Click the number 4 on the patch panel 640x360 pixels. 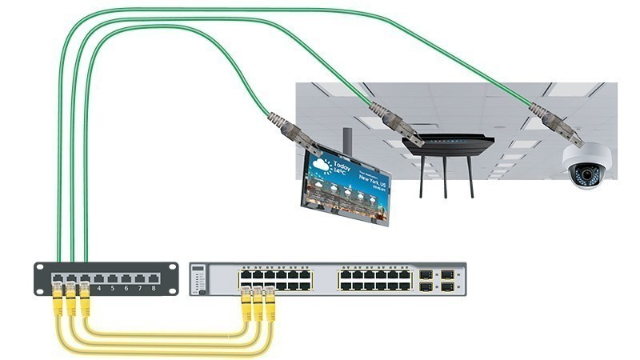pyautogui.click(x=98, y=286)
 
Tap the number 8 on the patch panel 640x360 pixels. pyautogui.click(x=153, y=286)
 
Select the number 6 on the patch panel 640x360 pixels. pyautogui.click(x=126, y=286)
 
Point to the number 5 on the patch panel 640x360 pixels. pyautogui.click(x=112, y=286)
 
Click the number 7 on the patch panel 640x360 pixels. pyautogui.click(x=139, y=286)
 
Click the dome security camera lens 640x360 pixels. pyautogui.click(x=586, y=172)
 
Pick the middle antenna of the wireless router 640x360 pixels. pyautogui.click(x=445, y=178)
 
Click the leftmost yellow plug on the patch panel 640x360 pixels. pyautogui.click(x=58, y=302)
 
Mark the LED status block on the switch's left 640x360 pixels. pyautogui.click(x=199, y=280)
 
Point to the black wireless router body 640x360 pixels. pyautogui.click(x=447, y=146)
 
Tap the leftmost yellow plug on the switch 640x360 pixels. pyautogui.click(x=246, y=305)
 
